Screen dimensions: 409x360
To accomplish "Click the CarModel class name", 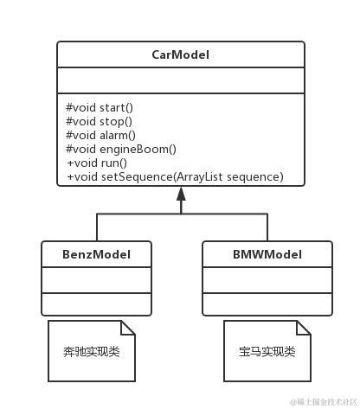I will click(x=181, y=55).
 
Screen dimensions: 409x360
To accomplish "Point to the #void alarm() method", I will click(x=101, y=136).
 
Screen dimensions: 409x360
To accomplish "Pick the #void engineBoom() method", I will click(x=120, y=150).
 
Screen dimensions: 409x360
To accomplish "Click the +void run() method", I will click(x=97, y=163).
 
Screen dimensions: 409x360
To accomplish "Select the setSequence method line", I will click(x=175, y=177).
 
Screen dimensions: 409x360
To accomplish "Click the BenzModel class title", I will click(x=96, y=254).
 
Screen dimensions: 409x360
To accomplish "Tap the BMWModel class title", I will click(x=267, y=254).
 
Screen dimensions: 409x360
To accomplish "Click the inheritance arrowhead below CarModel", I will click(x=181, y=195).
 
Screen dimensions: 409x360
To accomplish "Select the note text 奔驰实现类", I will click(x=91, y=352).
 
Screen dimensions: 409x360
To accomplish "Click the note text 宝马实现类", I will click(x=267, y=352).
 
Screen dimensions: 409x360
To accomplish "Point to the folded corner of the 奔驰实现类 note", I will click(x=128, y=328).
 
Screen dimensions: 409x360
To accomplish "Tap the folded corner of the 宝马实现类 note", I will click(x=304, y=328).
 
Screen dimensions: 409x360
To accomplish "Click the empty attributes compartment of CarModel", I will click(x=181, y=81).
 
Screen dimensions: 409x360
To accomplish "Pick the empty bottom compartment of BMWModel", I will click(x=267, y=304).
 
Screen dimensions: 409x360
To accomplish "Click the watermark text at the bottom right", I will click(x=324, y=402).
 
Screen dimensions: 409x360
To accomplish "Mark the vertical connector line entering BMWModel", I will click(x=267, y=227).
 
